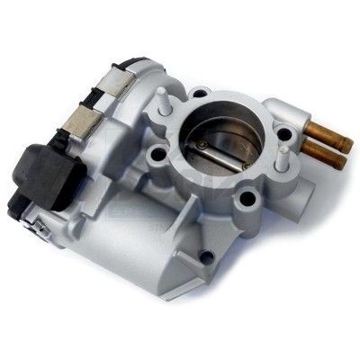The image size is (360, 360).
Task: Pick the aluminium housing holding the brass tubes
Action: (x=292, y=117)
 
